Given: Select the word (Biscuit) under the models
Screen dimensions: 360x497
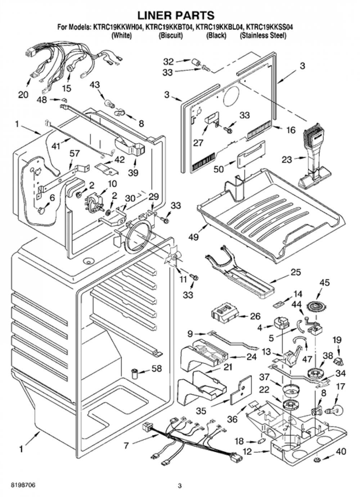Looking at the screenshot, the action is point(170,36).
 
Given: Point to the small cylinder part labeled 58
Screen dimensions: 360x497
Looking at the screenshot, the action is point(135,374).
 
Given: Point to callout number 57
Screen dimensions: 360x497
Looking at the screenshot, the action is point(75,153).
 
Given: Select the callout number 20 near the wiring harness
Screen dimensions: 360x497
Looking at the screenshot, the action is point(23,95).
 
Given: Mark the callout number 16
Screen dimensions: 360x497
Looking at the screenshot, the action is point(291,130).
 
